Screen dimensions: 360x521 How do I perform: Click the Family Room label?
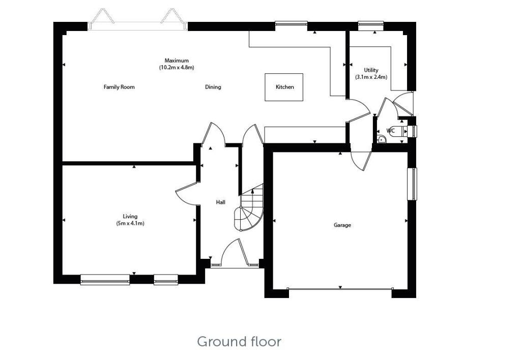point(119,87)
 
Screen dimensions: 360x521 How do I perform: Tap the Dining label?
point(213,87)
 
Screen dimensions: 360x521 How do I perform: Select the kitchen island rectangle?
point(283,87)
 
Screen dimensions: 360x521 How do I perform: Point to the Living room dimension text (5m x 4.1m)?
point(130,223)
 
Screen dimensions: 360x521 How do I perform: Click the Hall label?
point(220,202)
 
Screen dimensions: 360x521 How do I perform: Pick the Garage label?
point(342,225)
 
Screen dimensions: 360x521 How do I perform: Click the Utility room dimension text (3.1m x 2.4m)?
point(371,77)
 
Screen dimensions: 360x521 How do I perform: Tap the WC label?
point(390,131)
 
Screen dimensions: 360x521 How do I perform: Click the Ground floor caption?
point(239,341)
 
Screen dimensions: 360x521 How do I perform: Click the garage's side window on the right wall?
point(412,184)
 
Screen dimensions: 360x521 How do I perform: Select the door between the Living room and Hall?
point(186,193)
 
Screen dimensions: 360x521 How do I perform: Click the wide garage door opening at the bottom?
point(339,289)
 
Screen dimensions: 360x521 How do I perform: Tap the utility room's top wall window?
point(370,23)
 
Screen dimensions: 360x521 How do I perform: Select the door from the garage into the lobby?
point(362,161)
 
